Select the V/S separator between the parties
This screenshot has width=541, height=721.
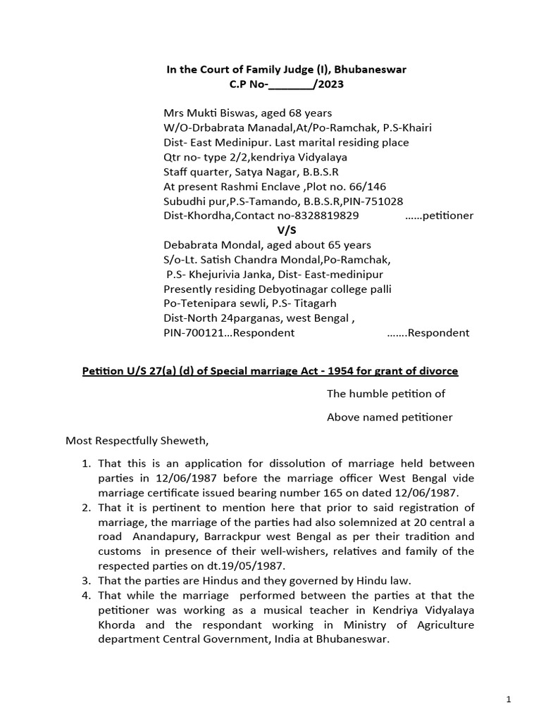coord(284,230)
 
